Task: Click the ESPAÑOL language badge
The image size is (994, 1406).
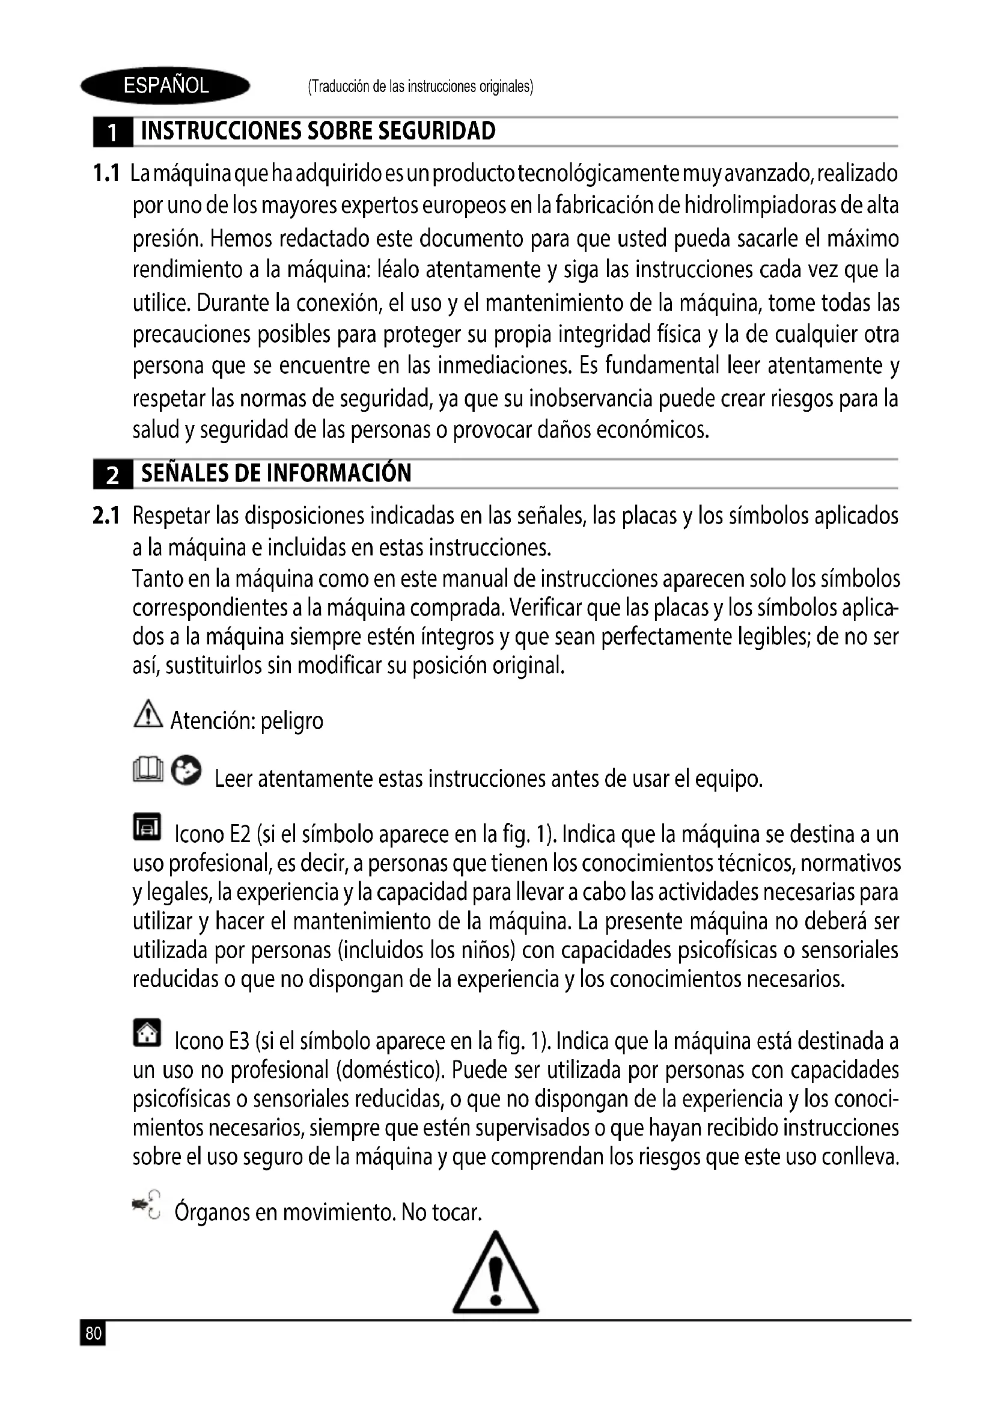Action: (x=165, y=86)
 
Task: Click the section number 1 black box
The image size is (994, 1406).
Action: (x=112, y=132)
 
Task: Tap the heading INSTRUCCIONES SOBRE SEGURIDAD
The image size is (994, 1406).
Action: (x=319, y=131)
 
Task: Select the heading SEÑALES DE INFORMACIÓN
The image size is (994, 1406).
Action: (x=276, y=473)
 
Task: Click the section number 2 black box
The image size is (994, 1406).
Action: (x=112, y=475)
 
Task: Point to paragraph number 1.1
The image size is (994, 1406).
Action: (x=106, y=174)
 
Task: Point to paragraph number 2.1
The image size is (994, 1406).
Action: (x=106, y=516)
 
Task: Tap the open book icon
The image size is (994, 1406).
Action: (x=148, y=771)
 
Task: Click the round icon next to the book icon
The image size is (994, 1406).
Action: (x=186, y=771)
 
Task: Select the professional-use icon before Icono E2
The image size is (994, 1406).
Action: (x=147, y=828)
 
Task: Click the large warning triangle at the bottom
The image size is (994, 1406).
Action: (x=496, y=1276)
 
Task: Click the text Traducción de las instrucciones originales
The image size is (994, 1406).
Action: (x=421, y=87)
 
